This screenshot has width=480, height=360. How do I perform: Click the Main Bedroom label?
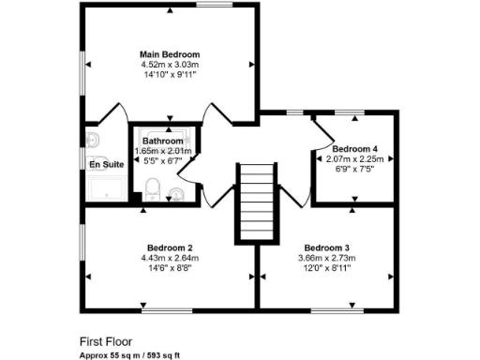pos(170,54)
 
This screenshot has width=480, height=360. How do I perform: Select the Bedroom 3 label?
pos(327,247)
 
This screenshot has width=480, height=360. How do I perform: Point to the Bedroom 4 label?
pos(355,148)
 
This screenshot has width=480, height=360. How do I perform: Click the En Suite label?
pos(106,165)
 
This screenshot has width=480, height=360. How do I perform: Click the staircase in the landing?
pos(257,201)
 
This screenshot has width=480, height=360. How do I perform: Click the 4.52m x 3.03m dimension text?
pos(170,65)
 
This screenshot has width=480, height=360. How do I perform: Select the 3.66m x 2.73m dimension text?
pos(327,258)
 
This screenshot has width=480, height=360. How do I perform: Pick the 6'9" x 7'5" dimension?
pos(355,169)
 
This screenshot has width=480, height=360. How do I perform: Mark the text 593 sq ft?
pos(163,357)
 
